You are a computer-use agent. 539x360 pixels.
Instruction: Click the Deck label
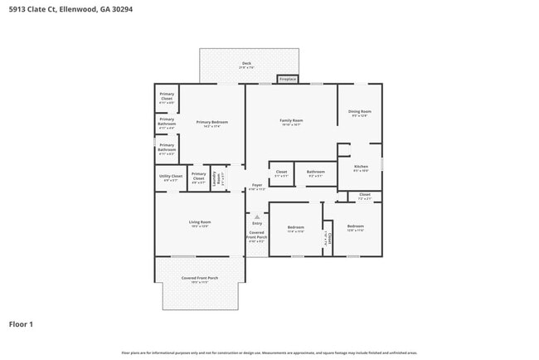tap(246, 65)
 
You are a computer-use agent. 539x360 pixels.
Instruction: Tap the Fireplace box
tap(287, 80)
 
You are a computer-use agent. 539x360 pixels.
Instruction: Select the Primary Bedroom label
tap(212, 124)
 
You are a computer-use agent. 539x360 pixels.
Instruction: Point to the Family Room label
tap(291, 122)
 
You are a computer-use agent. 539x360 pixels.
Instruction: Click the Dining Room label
tap(359, 113)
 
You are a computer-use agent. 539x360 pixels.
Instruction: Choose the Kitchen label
tap(361, 168)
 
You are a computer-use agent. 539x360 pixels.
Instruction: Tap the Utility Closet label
tap(170, 178)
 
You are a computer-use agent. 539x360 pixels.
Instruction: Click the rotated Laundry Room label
tap(213, 178)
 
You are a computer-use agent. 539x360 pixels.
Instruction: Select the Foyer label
tap(257, 187)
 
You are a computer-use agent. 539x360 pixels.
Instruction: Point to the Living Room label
tap(200, 223)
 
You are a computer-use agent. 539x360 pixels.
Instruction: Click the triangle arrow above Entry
tap(257, 216)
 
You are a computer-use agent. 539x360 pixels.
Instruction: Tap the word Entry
tap(257, 223)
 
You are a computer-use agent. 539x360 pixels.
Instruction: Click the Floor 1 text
tap(21, 324)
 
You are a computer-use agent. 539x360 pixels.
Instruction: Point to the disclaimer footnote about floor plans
tap(269, 353)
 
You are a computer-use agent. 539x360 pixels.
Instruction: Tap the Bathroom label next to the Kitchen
tap(316, 173)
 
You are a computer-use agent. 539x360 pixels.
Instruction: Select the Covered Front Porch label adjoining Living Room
tap(200, 279)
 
